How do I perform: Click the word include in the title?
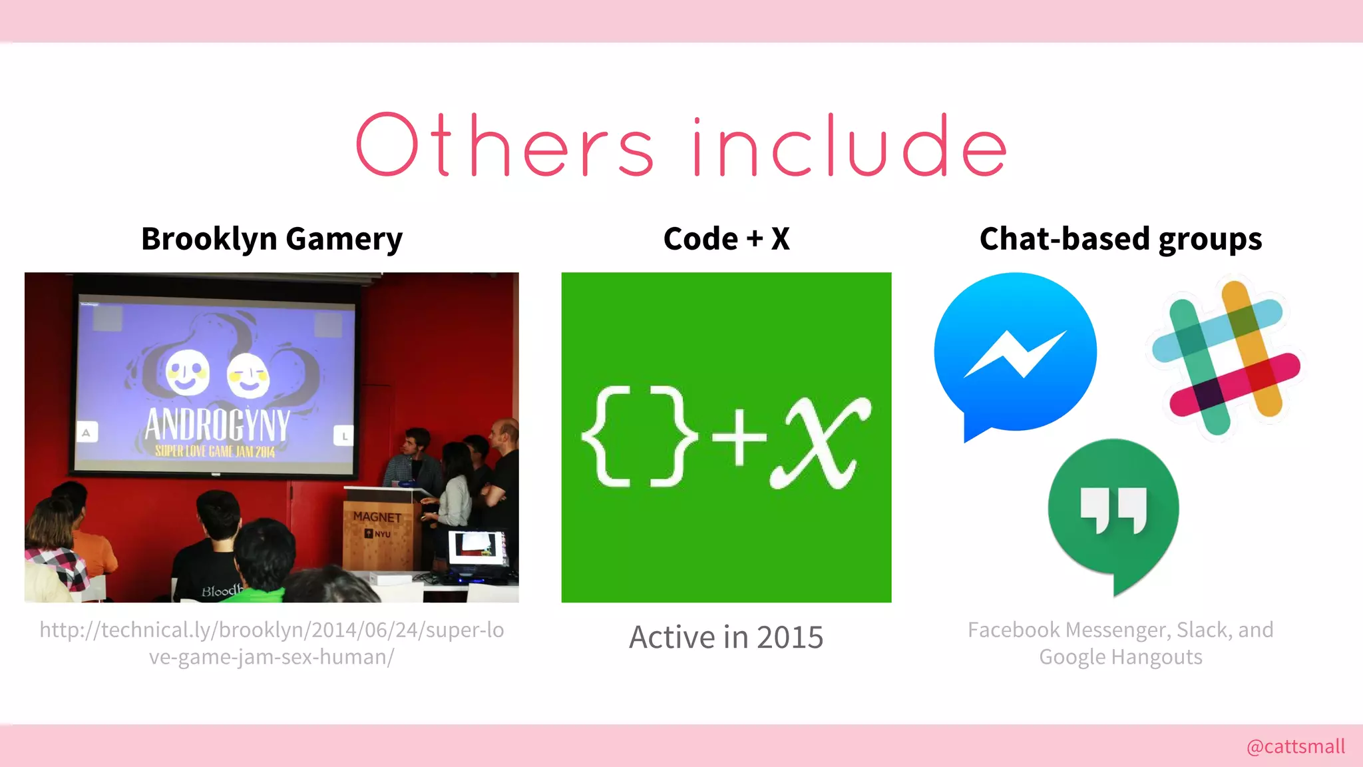click(x=849, y=145)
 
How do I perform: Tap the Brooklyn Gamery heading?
click(x=272, y=239)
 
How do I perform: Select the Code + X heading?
click(x=726, y=239)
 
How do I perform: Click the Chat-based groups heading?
click(x=1120, y=239)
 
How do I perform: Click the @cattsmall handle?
click(x=1295, y=746)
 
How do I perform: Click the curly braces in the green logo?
click(x=639, y=437)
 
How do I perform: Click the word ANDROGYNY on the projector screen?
click(x=217, y=425)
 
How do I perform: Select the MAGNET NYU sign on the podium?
click(x=377, y=524)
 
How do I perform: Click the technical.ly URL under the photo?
click(x=272, y=643)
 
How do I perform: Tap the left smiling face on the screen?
click(x=186, y=373)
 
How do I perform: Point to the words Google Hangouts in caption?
click(x=1120, y=657)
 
